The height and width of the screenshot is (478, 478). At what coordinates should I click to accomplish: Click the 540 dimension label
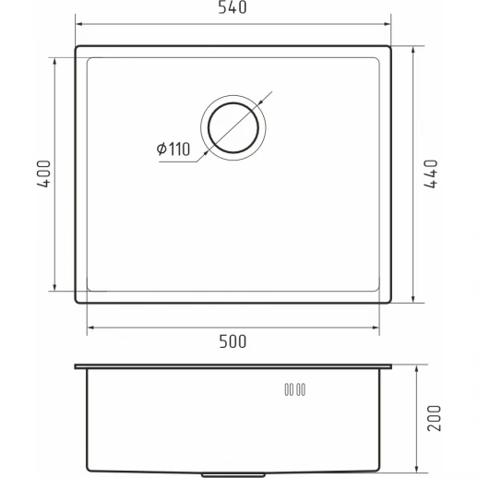click(233, 7)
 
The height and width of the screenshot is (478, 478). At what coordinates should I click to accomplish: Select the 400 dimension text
click(43, 173)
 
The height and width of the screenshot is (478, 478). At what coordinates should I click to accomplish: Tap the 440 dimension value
click(431, 173)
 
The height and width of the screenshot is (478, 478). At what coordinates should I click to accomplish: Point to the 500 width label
click(233, 341)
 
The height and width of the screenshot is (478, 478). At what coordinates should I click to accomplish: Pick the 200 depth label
click(434, 418)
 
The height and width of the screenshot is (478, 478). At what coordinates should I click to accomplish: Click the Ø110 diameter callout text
click(173, 149)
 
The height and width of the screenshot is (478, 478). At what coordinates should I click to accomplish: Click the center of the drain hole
click(233, 127)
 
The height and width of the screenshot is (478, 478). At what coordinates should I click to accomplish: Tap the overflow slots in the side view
click(294, 389)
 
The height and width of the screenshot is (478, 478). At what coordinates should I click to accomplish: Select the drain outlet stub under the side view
click(233, 475)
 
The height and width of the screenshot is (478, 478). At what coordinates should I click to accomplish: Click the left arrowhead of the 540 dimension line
click(78, 24)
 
